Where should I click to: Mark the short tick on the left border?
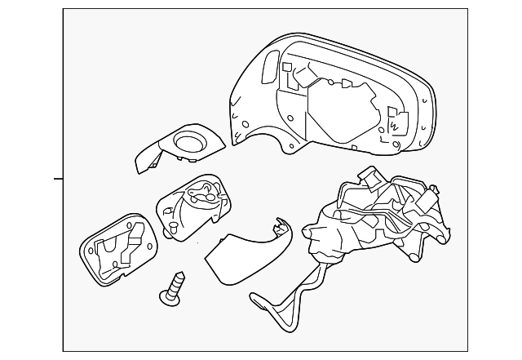(58, 177)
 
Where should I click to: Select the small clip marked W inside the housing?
(394, 124)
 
